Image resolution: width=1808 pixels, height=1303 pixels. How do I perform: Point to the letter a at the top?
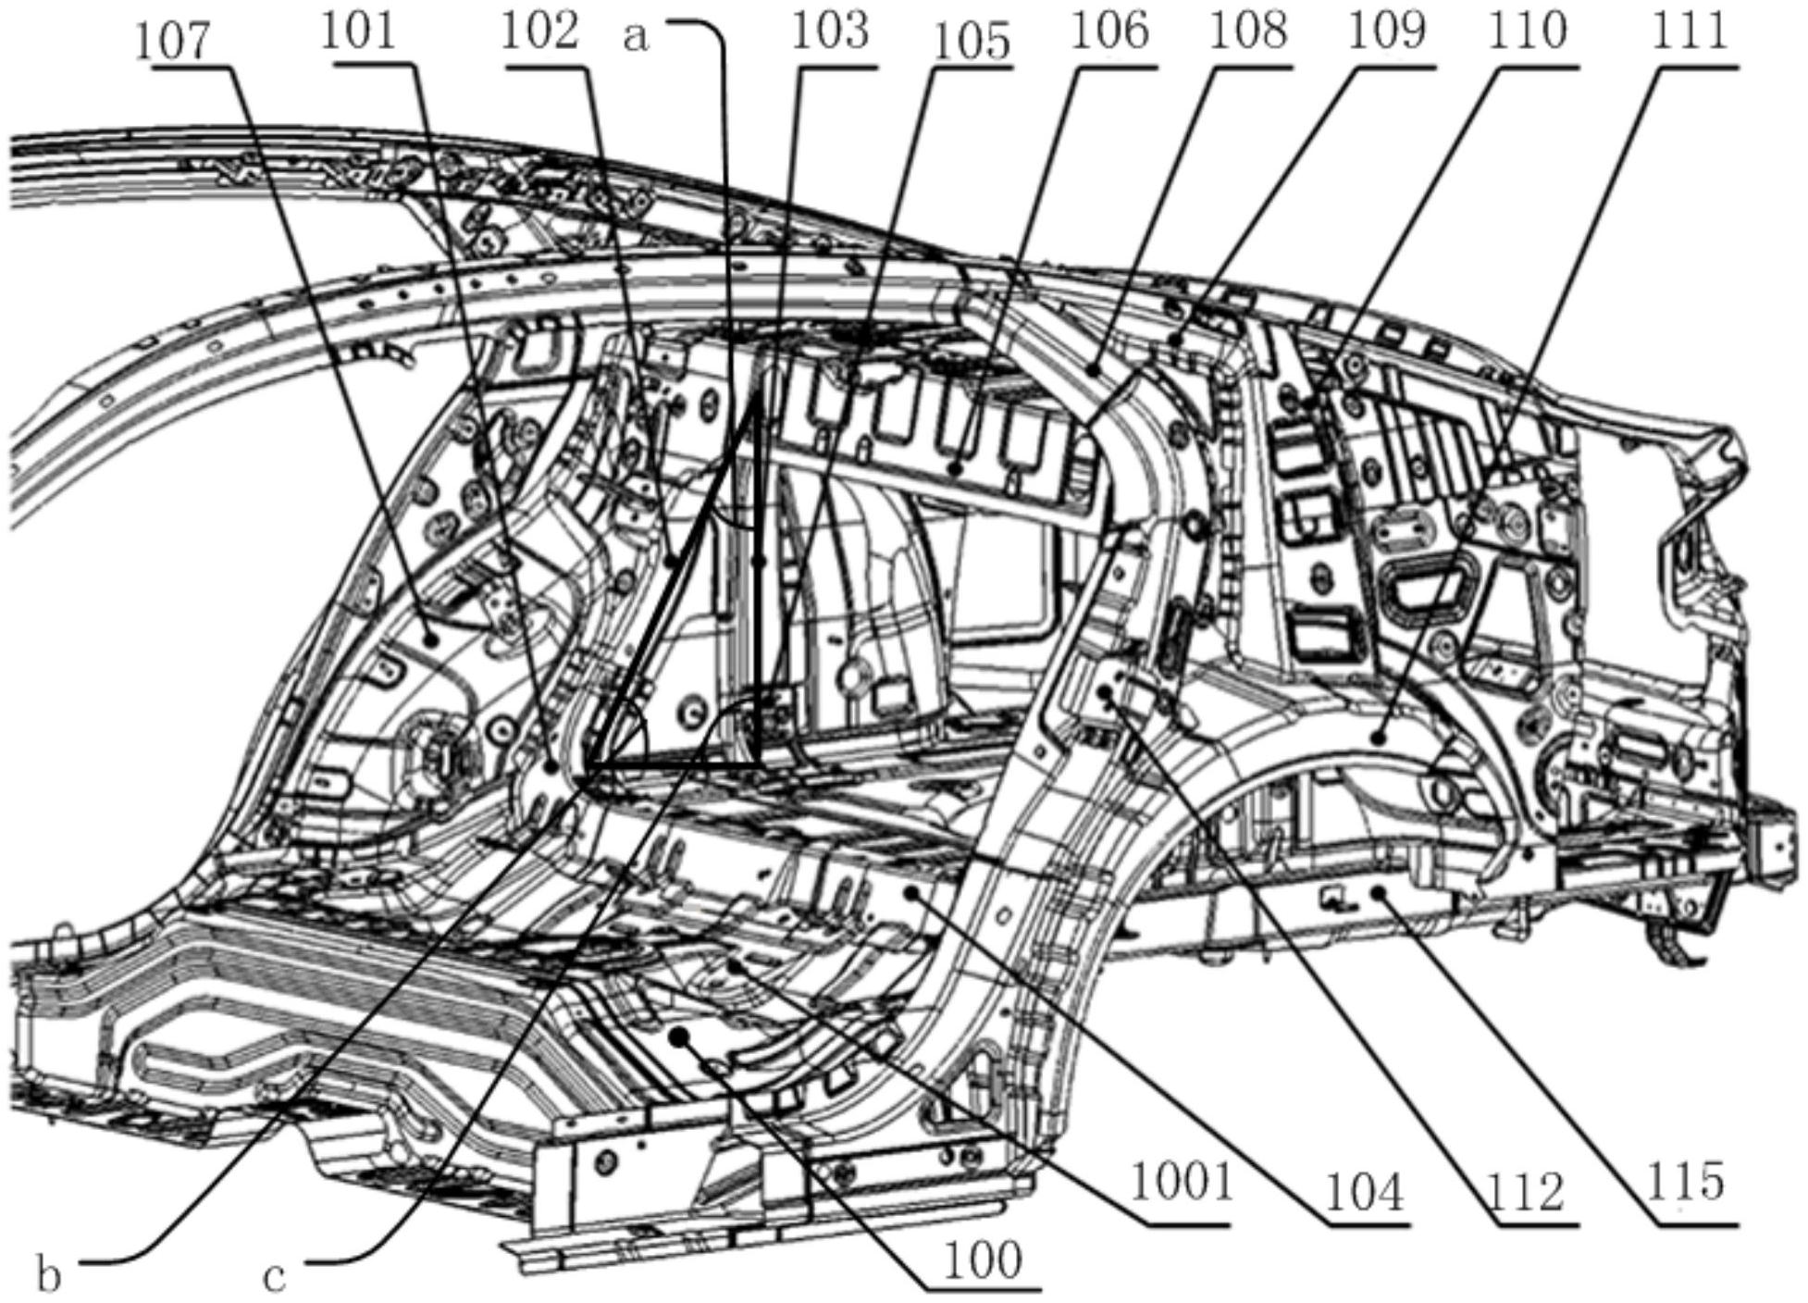pyautogui.click(x=637, y=38)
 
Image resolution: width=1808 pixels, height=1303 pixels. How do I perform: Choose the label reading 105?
pyautogui.click(x=972, y=41)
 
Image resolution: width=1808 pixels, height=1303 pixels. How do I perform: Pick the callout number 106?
pyautogui.click(x=1109, y=31)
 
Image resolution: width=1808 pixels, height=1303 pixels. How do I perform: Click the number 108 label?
pyautogui.click(x=1248, y=31)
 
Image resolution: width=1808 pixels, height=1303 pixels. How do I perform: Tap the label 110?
pyautogui.click(x=1528, y=31)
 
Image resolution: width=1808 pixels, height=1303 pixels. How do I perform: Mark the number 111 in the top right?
pyautogui.click(x=1690, y=31)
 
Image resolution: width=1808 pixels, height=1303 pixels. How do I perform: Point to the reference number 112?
pyautogui.click(x=1525, y=1192)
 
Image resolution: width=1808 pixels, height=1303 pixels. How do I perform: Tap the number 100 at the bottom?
pyautogui.click(x=983, y=1259)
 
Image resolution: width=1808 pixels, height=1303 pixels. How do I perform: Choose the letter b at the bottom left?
pyautogui.click(x=49, y=1275)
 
